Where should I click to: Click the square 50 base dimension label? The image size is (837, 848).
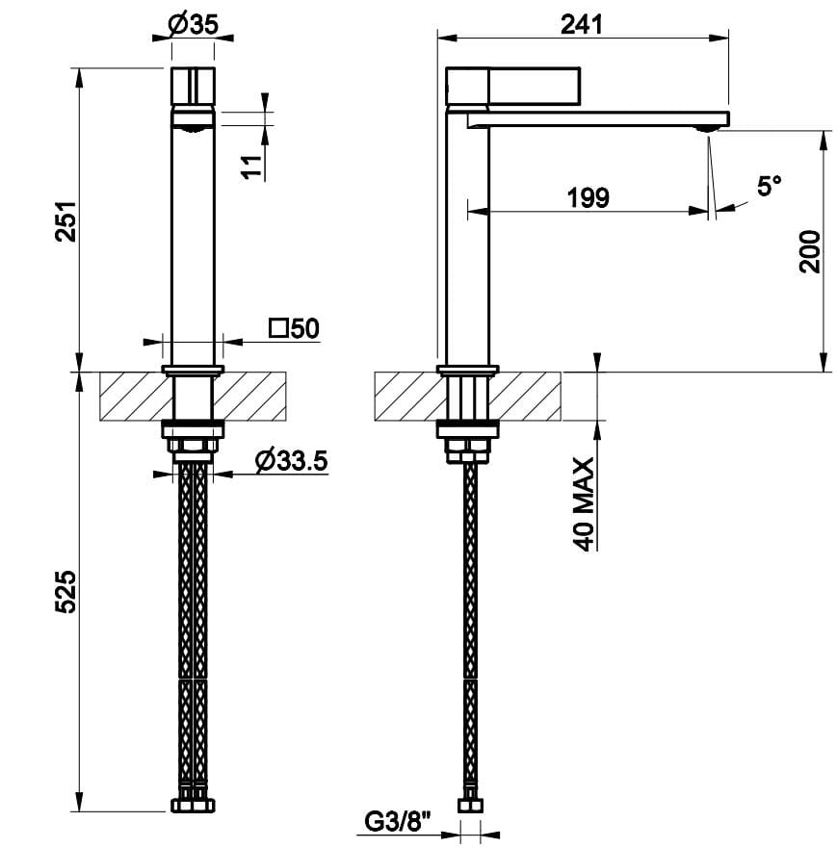click(295, 328)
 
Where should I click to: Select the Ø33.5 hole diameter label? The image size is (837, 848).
click(292, 461)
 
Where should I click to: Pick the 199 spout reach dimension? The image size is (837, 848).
click(589, 198)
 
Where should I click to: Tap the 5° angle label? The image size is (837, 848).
click(768, 187)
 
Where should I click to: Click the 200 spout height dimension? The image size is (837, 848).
click(811, 251)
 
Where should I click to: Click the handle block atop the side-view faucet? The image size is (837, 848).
click(514, 86)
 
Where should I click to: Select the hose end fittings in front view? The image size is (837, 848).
click(193, 804)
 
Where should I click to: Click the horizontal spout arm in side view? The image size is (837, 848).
click(597, 118)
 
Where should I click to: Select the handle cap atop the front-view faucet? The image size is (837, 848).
click(193, 88)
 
